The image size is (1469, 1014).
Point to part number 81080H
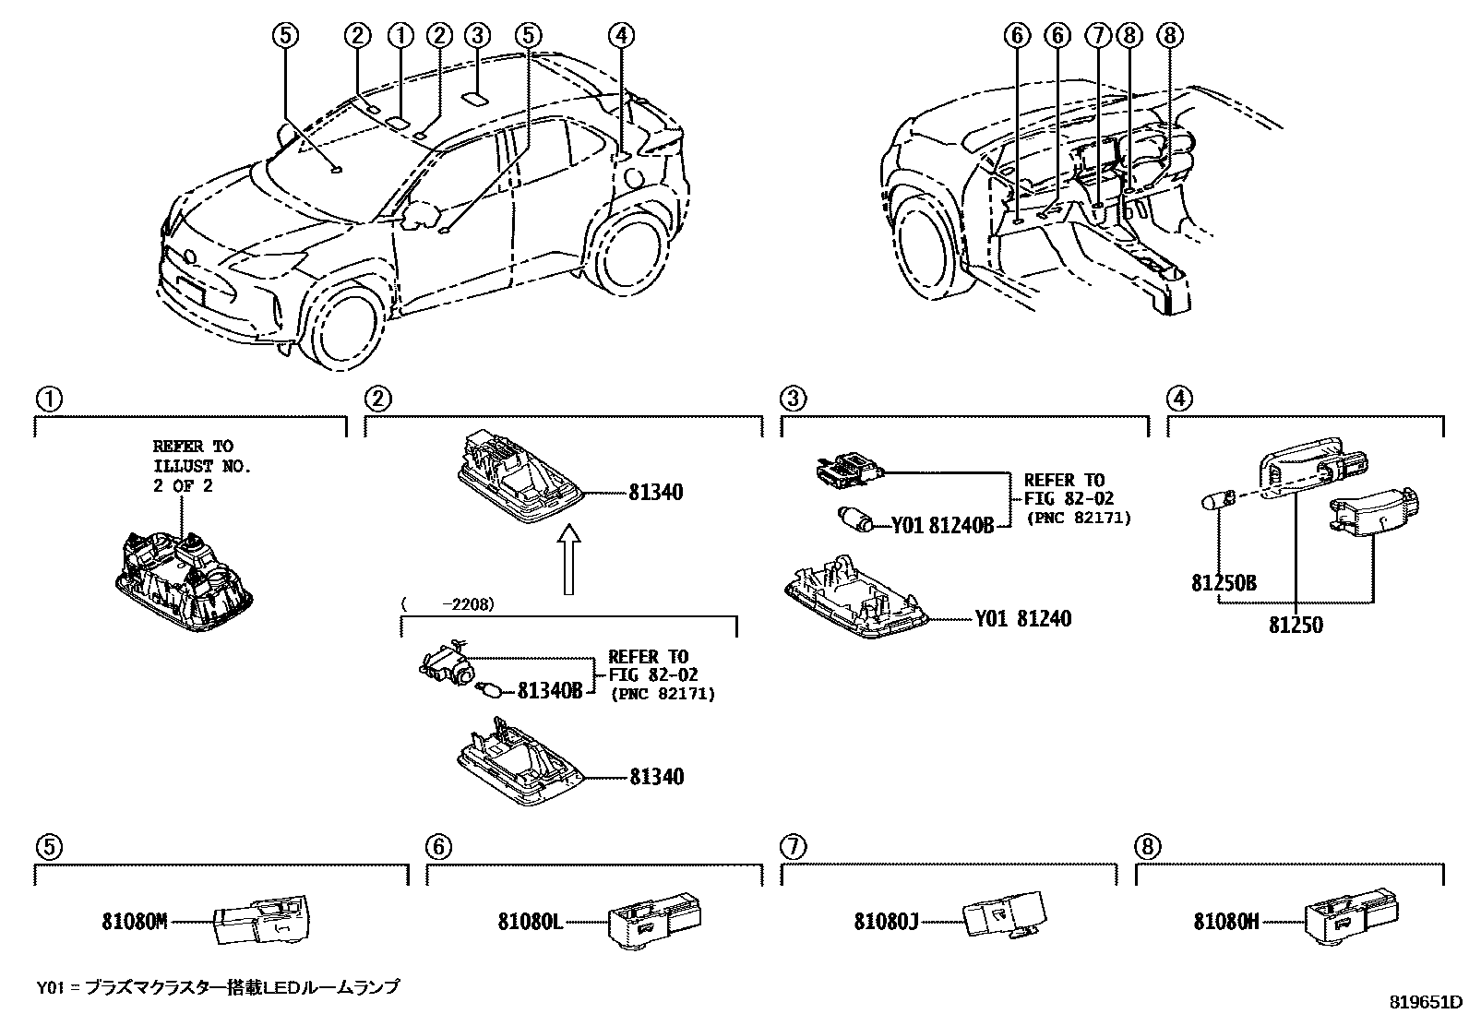point(1226,921)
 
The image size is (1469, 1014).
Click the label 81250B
point(1224,582)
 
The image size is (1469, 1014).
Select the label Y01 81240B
point(942,526)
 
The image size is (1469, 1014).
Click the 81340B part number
point(550,689)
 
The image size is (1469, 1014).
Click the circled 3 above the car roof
point(476,36)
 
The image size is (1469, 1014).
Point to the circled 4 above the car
point(622,36)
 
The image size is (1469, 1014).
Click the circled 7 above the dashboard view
point(1096,36)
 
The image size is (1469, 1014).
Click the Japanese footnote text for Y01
point(218,986)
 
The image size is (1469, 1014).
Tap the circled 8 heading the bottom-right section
point(1149,846)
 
